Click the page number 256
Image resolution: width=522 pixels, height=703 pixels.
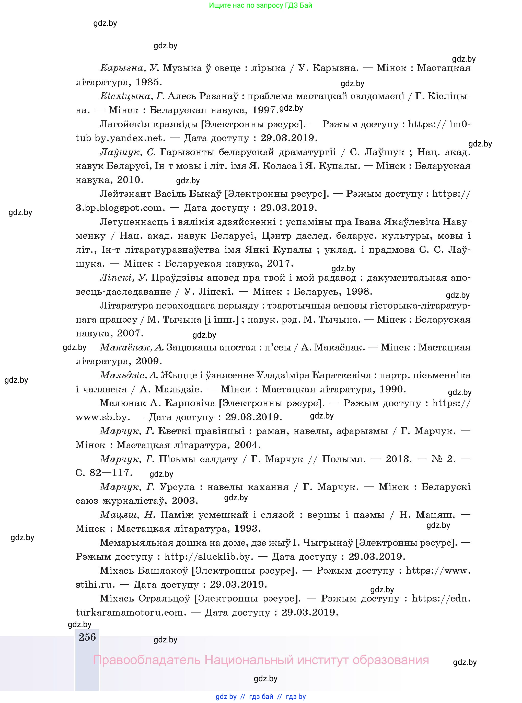(87, 637)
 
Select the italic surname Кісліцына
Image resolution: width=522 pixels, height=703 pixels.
(126, 96)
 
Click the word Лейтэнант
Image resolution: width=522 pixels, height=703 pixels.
(125, 194)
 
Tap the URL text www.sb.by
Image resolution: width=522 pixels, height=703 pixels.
(103, 417)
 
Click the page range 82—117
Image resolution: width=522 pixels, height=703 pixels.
(111, 473)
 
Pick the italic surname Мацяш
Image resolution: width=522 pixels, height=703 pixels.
(119, 515)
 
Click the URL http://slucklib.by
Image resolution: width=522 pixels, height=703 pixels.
(209, 557)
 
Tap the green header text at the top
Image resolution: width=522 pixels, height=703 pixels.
(260, 5)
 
